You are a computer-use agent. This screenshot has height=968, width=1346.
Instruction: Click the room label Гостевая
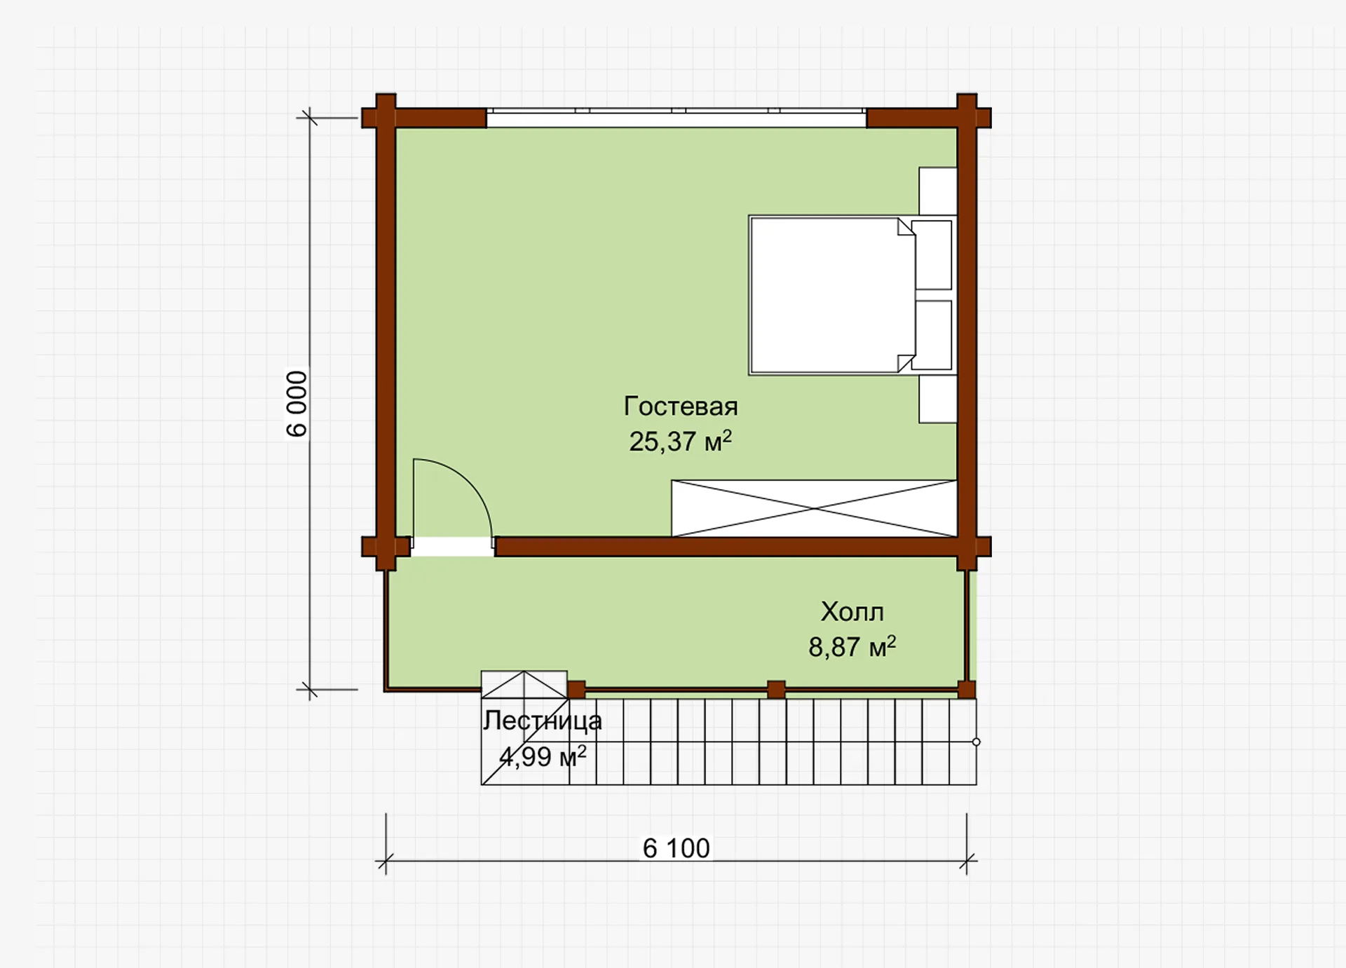tap(680, 407)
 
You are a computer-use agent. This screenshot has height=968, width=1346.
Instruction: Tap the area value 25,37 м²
tap(680, 442)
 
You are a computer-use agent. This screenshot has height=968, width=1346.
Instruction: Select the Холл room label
tap(852, 612)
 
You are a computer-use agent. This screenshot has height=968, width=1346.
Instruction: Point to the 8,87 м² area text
tap(852, 646)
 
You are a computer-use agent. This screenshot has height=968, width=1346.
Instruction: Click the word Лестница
tap(542, 721)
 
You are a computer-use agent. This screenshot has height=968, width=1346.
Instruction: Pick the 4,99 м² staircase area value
tap(543, 756)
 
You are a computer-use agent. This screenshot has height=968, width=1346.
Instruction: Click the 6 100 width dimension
tap(677, 848)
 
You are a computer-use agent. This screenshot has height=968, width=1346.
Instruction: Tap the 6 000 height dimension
tap(297, 404)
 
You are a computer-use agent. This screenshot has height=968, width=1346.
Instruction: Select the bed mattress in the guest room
tap(832, 295)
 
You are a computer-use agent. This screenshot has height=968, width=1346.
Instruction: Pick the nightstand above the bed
tap(938, 191)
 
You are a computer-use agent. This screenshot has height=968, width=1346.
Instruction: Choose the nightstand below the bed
tap(938, 399)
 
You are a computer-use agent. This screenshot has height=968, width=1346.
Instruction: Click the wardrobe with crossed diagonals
tap(814, 508)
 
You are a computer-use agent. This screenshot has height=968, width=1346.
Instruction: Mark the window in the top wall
tap(677, 118)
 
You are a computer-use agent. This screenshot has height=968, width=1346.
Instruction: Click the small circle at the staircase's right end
tap(976, 742)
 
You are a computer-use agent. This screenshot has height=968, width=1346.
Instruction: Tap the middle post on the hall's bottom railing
tap(776, 690)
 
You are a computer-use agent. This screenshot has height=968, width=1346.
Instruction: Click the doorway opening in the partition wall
tap(453, 547)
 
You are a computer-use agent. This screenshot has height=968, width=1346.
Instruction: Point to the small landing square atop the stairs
tap(524, 685)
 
